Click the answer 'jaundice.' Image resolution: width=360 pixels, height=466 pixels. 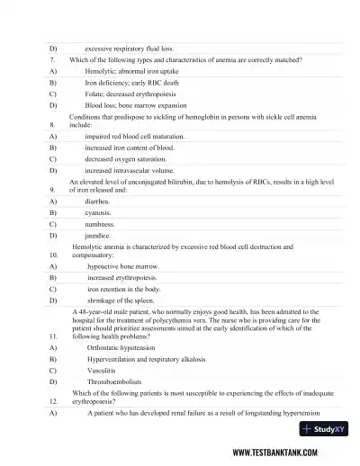pyautogui.click(x=97, y=234)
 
